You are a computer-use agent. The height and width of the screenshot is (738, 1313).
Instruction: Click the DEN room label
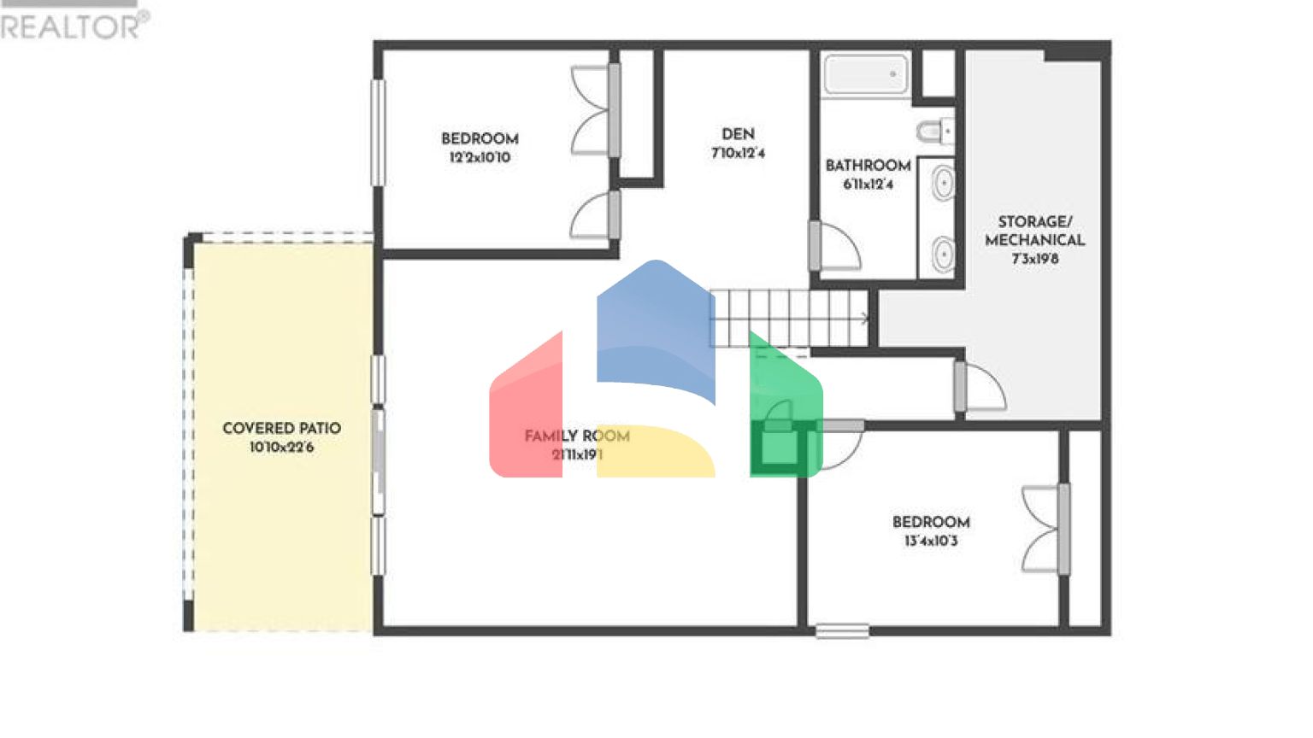[x=738, y=134]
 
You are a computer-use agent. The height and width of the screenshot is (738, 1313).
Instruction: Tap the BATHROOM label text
[x=868, y=165]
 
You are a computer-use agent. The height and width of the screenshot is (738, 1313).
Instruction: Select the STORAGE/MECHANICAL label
[x=1034, y=231]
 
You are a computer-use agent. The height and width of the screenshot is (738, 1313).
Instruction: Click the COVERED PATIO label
[x=281, y=428]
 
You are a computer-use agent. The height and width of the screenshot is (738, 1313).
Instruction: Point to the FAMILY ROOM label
[x=577, y=436]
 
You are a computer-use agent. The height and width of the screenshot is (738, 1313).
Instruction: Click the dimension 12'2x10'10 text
[x=480, y=157]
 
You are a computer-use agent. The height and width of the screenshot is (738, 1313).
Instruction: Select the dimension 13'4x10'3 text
[x=931, y=541]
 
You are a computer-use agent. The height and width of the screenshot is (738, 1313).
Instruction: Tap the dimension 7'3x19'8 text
[x=1035, y=259]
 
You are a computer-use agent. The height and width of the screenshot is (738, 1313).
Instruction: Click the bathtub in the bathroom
[x=866, y=74]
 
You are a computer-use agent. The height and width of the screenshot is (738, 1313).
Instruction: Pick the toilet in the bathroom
[x=934, y=132]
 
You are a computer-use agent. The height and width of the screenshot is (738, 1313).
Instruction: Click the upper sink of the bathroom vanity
[x=942, y=184]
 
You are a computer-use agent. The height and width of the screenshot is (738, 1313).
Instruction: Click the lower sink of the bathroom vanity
[x=942, y=254]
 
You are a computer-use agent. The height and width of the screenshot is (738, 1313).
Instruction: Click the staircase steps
[x=786, y=318]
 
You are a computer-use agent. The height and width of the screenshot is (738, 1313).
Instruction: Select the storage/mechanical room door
[x=981, y=389]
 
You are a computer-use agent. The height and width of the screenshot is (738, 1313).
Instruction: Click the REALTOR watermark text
[x=74, y=26]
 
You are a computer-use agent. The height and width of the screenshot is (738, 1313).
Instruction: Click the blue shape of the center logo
[x=655, y=329]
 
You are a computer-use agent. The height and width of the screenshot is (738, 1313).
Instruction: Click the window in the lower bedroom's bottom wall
[x=842, y=631]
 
